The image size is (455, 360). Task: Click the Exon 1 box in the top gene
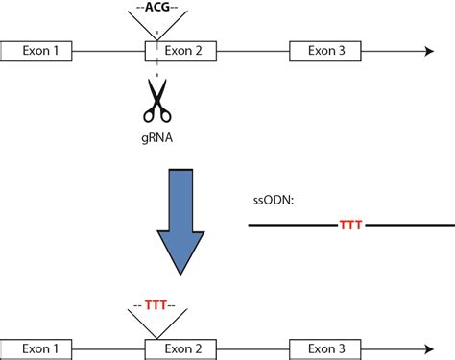(36, 50)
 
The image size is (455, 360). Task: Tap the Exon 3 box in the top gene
(325, 50)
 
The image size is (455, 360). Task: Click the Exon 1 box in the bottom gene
(36, 348)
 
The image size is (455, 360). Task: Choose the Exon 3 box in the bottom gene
(325, 348)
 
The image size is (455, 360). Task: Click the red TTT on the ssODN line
(351, 226)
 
